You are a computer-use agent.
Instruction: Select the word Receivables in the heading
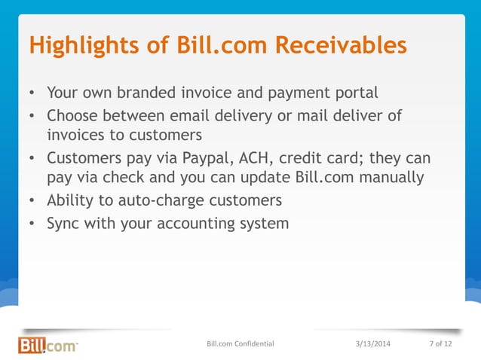(x=341, y=45)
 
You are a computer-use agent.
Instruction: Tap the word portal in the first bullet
(x=354, y=94)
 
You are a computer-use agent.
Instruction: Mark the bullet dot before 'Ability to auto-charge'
(x=32, y=202)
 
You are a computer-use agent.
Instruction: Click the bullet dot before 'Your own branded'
(x=32, y=95)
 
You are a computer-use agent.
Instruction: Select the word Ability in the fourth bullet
(x=70, y=201)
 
